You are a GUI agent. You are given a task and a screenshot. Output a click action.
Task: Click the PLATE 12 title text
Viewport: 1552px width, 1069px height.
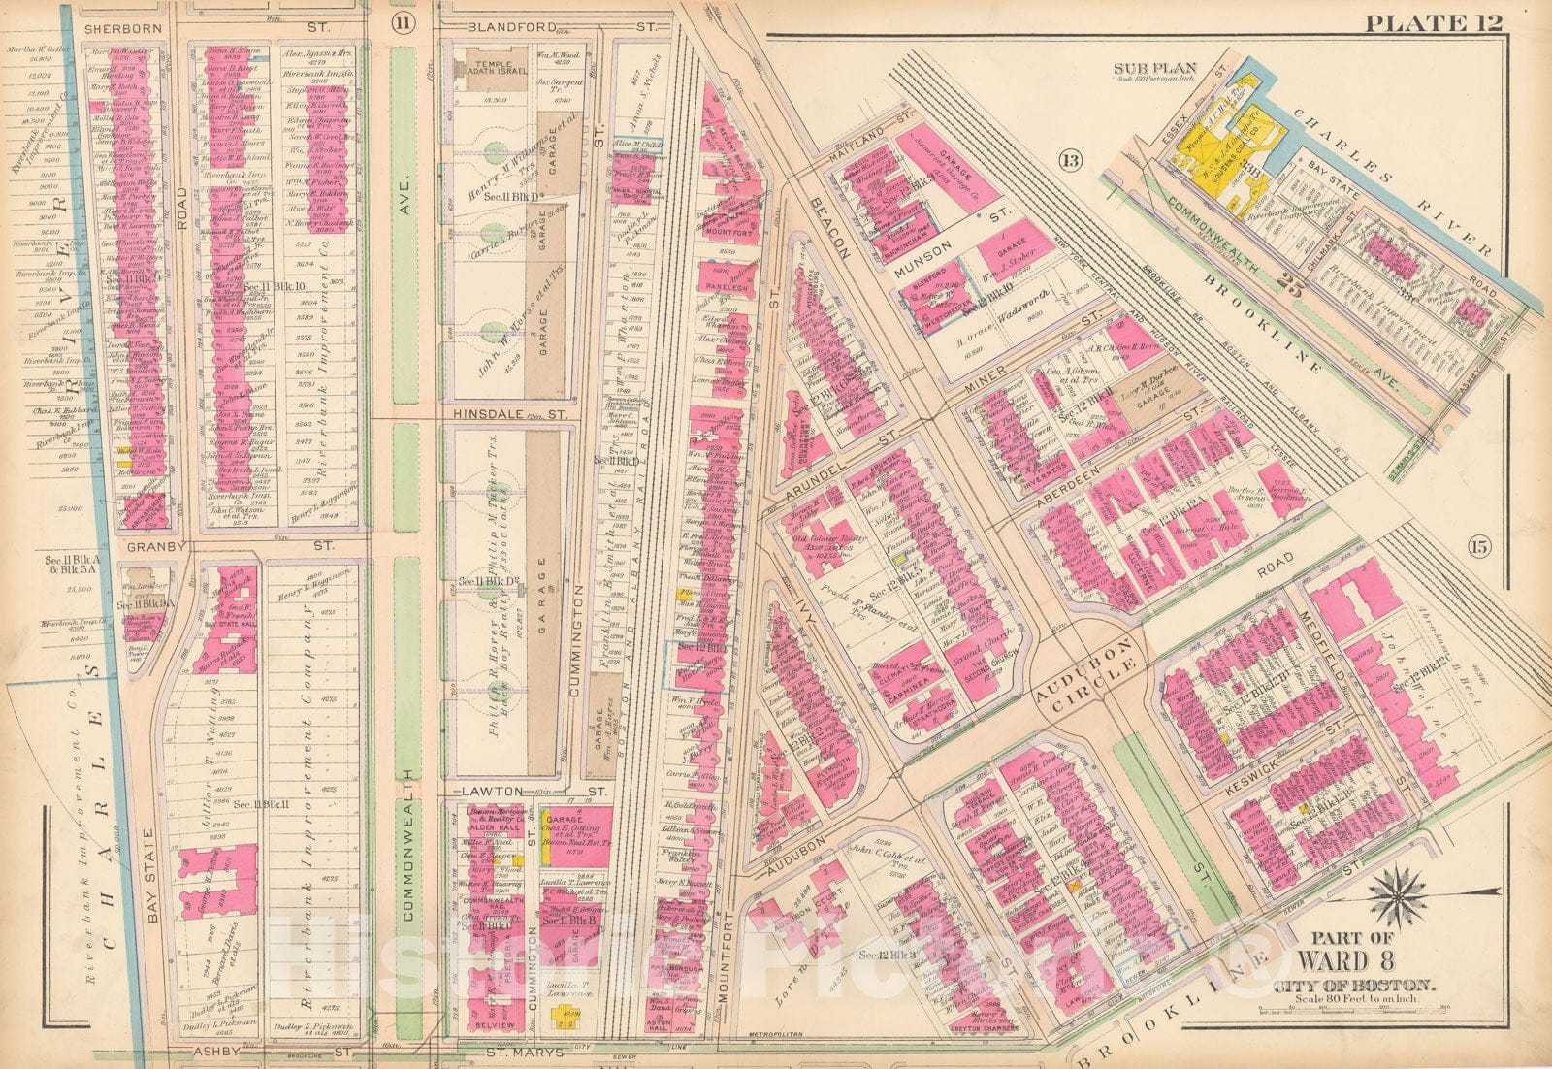[x=1433, y=20]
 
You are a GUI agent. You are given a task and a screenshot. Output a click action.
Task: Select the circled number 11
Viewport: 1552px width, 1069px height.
[x=401, y=21]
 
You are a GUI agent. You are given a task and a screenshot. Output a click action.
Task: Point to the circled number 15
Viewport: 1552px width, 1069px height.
[x=1477, y=547]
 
